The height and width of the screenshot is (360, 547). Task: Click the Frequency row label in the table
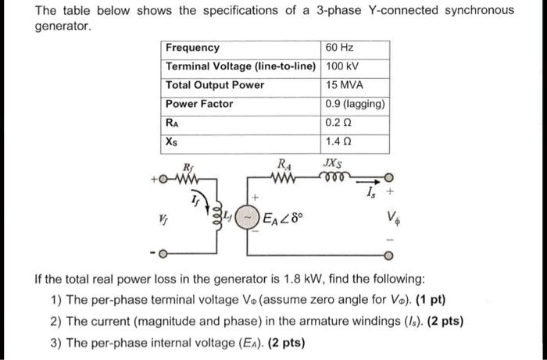coord(193,48)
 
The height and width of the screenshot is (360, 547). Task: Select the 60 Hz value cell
coord(339,48)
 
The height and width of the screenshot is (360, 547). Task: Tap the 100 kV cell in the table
coord(341,66)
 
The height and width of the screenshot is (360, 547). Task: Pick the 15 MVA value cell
coord(345,85)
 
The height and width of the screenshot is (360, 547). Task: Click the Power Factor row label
coord(199,104)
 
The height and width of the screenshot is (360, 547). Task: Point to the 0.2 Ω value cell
coord(338,123)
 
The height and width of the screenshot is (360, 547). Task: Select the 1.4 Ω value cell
coord(338,141)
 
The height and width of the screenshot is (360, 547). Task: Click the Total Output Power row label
coord(215,85)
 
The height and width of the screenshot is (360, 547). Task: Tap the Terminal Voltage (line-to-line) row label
coord(241,66)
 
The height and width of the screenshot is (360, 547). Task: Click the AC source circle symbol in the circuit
coord(247,216)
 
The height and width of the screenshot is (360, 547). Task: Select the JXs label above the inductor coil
coord(331,164)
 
